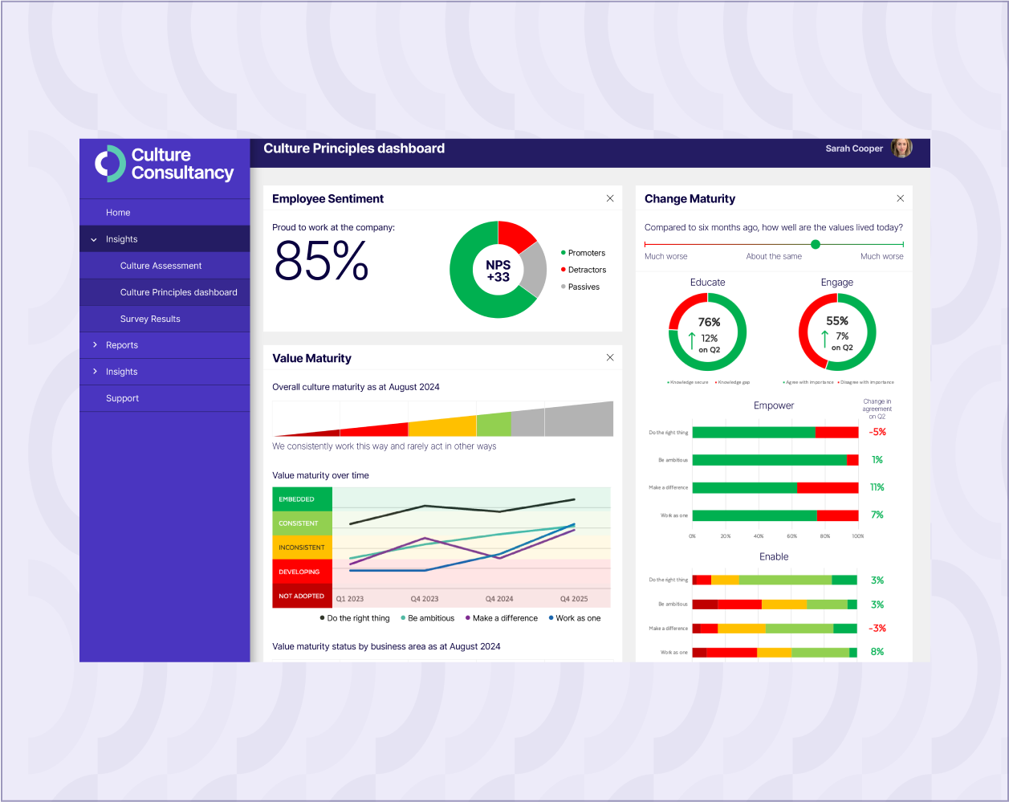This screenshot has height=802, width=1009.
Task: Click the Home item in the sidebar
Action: click(118, 213)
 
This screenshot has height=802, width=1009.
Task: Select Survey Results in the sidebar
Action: click(150, 319)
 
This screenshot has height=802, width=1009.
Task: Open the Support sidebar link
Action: click(122, 398)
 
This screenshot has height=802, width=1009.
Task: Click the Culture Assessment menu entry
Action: click(161, 266)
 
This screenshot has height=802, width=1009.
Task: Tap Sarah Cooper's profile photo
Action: click(901, 148)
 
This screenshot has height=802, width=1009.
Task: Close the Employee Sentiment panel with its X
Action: click(610, 198)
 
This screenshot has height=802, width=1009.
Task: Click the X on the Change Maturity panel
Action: click(900, 198)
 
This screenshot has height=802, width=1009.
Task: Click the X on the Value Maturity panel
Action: click(610, 357)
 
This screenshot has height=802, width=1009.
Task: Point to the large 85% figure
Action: click(321, 260)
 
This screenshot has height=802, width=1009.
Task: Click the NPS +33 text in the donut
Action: click(498, 271)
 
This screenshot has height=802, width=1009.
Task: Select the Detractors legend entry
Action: click(587, 270)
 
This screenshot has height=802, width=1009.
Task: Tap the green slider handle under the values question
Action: click(816, 244)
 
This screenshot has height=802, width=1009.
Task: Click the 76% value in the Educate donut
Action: click(709, 323)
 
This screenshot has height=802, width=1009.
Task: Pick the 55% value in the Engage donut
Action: click(837, 321)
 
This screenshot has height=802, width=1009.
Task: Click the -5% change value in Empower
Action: click(877, 432)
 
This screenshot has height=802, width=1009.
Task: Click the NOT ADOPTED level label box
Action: click(302, 596)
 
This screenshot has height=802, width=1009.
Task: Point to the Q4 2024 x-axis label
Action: click(499, 599)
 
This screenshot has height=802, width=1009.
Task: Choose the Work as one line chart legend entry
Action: click(578, 618)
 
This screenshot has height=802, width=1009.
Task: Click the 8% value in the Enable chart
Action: click(877, 652)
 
